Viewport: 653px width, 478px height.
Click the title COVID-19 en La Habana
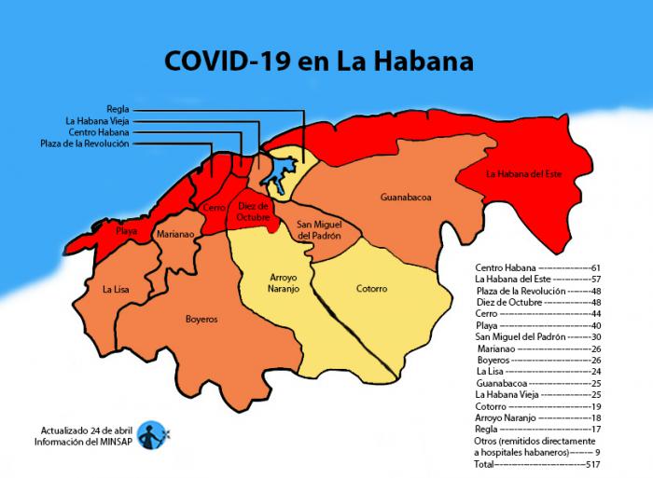318,61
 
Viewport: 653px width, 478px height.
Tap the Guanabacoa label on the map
406,198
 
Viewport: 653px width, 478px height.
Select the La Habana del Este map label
525,173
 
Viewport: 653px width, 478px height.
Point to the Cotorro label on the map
371,289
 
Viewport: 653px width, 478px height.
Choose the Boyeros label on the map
201,319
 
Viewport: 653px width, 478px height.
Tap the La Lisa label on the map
117,290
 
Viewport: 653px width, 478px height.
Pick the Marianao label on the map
174,235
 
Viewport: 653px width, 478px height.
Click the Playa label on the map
127,229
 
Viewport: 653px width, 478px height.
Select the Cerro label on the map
214,208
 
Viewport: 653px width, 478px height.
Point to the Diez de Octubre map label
253,211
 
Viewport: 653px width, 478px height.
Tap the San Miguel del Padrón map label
318,230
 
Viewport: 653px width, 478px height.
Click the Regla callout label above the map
118,109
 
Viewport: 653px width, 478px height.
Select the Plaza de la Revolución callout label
85,143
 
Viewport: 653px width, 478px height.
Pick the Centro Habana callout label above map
99,132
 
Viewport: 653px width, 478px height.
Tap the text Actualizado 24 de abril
85,430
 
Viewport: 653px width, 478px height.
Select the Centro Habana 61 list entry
535,267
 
